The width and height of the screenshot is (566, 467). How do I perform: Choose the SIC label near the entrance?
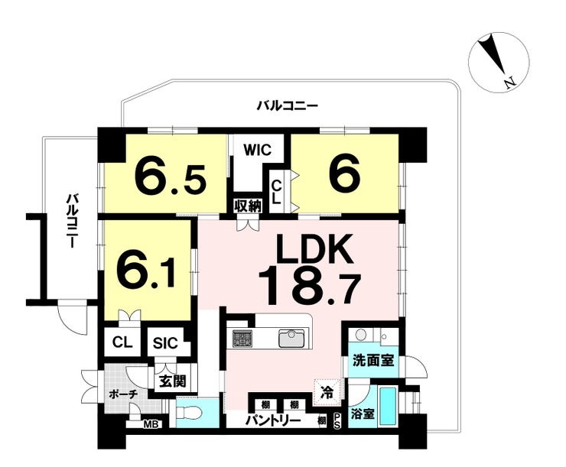pyautogui.click(x=164, y=343)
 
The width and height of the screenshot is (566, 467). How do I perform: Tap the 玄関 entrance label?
pyautogui.click(x=171, y=380)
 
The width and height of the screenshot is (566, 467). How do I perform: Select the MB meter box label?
pyautogui.click(x=152, y=422)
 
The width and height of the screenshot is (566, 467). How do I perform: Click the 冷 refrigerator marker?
pyautogui.click(x=327, y=394)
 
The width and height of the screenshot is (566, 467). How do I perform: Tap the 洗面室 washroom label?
pyautogui.click(x=373, y=360)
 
